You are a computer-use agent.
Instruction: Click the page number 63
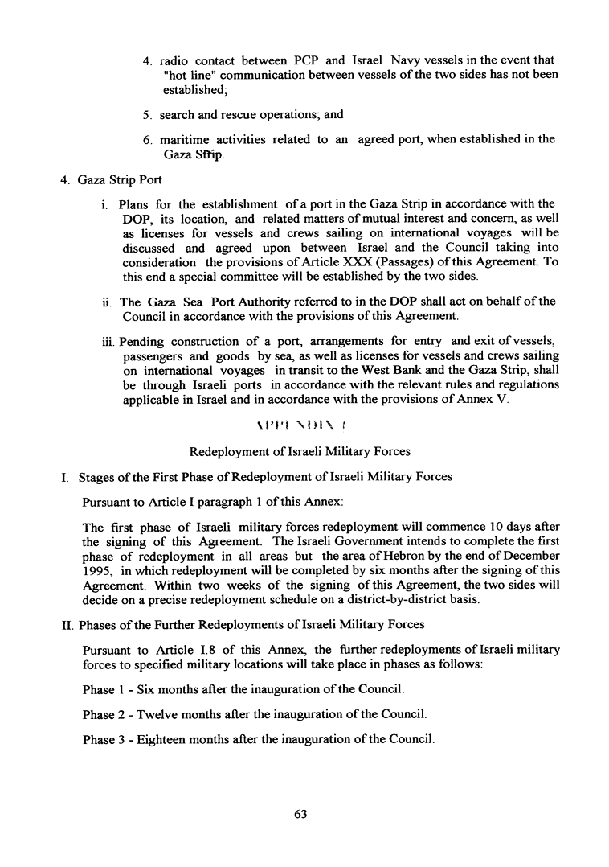(x=300, y=814)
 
